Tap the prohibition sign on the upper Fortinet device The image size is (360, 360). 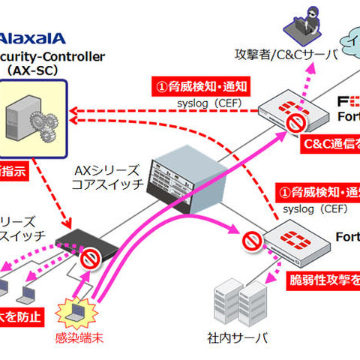tap(298, 122)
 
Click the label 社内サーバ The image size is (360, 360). tap(239, 337)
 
